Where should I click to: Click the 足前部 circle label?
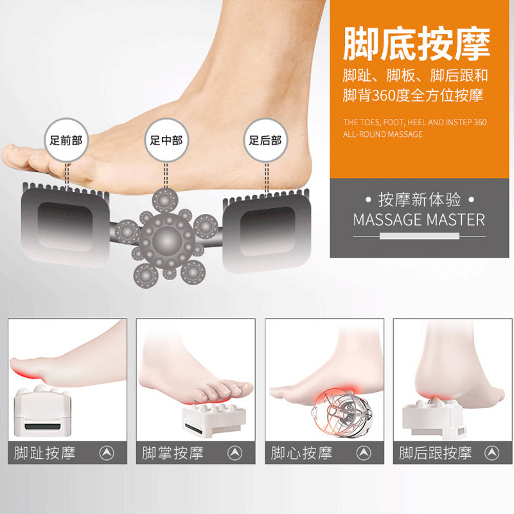tap(66, 140)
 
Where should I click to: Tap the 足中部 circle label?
tap(166, 140)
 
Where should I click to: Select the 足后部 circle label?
tap(265, 140)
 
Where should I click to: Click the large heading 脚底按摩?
tap(416, 44)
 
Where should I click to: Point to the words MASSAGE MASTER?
tap(419, 220)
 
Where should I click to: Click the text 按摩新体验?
tap(420, 200)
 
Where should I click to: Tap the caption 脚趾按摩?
tap(44, 453)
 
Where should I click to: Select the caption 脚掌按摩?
tap(173, 453)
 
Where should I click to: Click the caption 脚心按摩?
tap(301, 453)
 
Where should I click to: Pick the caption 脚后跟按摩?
tap(436, 453)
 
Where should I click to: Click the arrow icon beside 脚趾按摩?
tap(107, 453)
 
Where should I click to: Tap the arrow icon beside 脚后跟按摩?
tap(492, 453)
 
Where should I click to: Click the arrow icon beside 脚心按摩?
tap(364, 453)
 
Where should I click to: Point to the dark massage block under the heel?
tap(267, 231)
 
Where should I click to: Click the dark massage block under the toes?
tap(66, 226)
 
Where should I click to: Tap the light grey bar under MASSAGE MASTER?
tap(420, 236)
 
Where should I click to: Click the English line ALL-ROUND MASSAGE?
tap(382, 134)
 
